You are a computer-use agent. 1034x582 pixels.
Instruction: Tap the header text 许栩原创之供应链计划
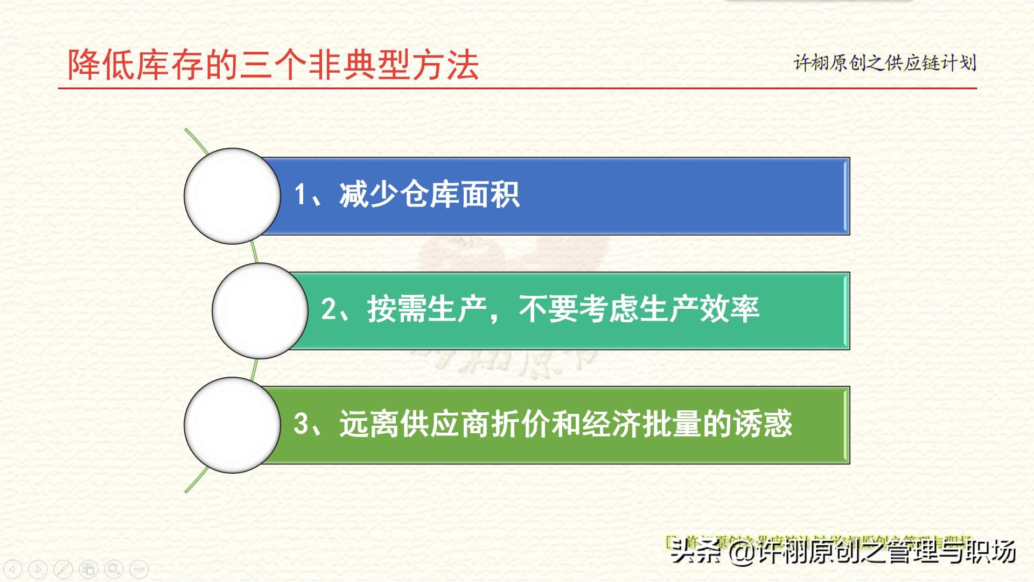(884, 63)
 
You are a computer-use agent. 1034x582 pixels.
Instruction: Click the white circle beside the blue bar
(232, 196)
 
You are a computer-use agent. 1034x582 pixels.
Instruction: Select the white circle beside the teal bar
(260, 311)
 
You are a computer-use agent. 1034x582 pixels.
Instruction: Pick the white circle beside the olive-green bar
(232, 425)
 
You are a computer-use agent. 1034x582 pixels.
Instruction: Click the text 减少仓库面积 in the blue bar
(429, 195)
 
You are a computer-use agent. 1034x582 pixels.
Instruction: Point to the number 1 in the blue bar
(301, 195)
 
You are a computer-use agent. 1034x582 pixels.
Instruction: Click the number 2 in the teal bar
(329, 309)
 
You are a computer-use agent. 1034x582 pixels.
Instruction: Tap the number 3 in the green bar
(301, 424)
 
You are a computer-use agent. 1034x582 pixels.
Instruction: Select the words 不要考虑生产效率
(639, 309)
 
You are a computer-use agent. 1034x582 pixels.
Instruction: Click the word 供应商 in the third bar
(444, 424)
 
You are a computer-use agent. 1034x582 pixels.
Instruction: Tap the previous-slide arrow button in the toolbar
(12, 569)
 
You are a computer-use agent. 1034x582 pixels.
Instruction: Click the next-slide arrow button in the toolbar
(38, 569)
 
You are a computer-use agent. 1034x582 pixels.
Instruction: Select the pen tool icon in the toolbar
(63, 569)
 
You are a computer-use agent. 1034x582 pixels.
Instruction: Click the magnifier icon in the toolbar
(114, 569)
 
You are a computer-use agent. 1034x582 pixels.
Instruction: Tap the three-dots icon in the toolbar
(139, 569)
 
